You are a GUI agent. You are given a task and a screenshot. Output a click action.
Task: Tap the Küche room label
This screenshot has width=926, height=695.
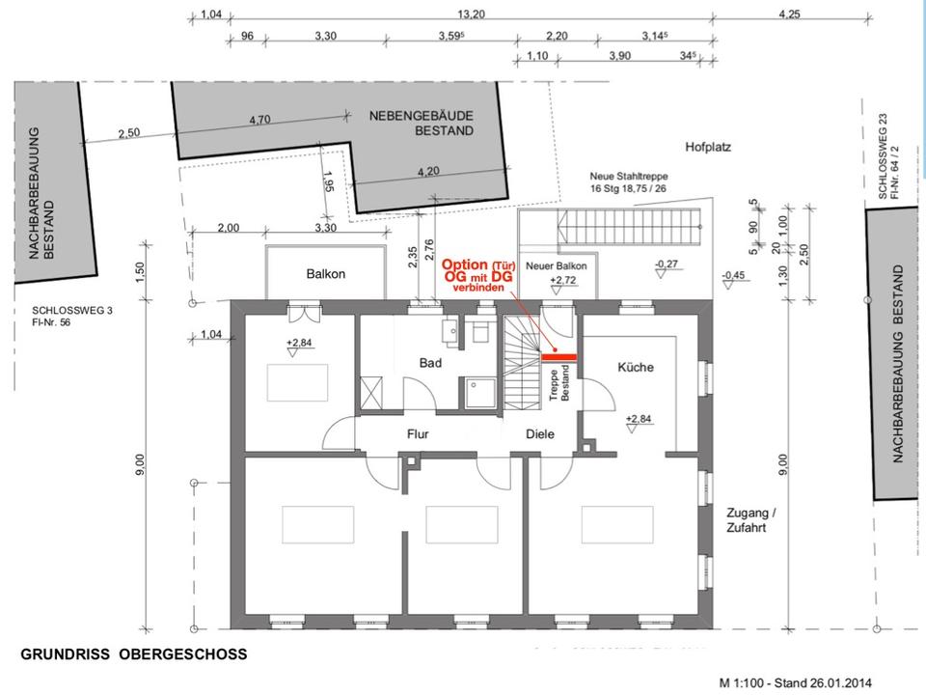pos(636,367)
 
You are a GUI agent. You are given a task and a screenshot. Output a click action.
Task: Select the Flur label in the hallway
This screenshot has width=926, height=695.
pos(417,434)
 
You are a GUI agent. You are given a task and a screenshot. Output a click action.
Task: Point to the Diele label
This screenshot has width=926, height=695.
pos(540,434)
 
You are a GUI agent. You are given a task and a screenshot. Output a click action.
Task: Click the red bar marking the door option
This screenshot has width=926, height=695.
pos(558,357)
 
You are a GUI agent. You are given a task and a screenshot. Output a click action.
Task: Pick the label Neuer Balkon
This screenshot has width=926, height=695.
pos(557,265)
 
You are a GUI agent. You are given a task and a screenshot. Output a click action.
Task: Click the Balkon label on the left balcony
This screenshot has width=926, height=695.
pos(325,273)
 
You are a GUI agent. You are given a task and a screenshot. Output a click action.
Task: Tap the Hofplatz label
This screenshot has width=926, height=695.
pos(709,148)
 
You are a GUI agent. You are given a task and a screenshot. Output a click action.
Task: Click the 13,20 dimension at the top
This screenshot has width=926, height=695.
pos(471,14)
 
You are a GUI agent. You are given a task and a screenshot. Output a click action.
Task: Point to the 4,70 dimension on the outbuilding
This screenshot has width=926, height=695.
pos(259,120)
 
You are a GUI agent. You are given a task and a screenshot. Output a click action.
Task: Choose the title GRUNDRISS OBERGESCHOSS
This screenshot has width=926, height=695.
pos(134,654)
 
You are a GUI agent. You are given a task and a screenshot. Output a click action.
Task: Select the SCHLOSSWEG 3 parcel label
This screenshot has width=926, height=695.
pos(65,316)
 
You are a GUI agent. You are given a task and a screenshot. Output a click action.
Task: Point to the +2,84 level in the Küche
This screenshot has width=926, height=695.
pos(639,419)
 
